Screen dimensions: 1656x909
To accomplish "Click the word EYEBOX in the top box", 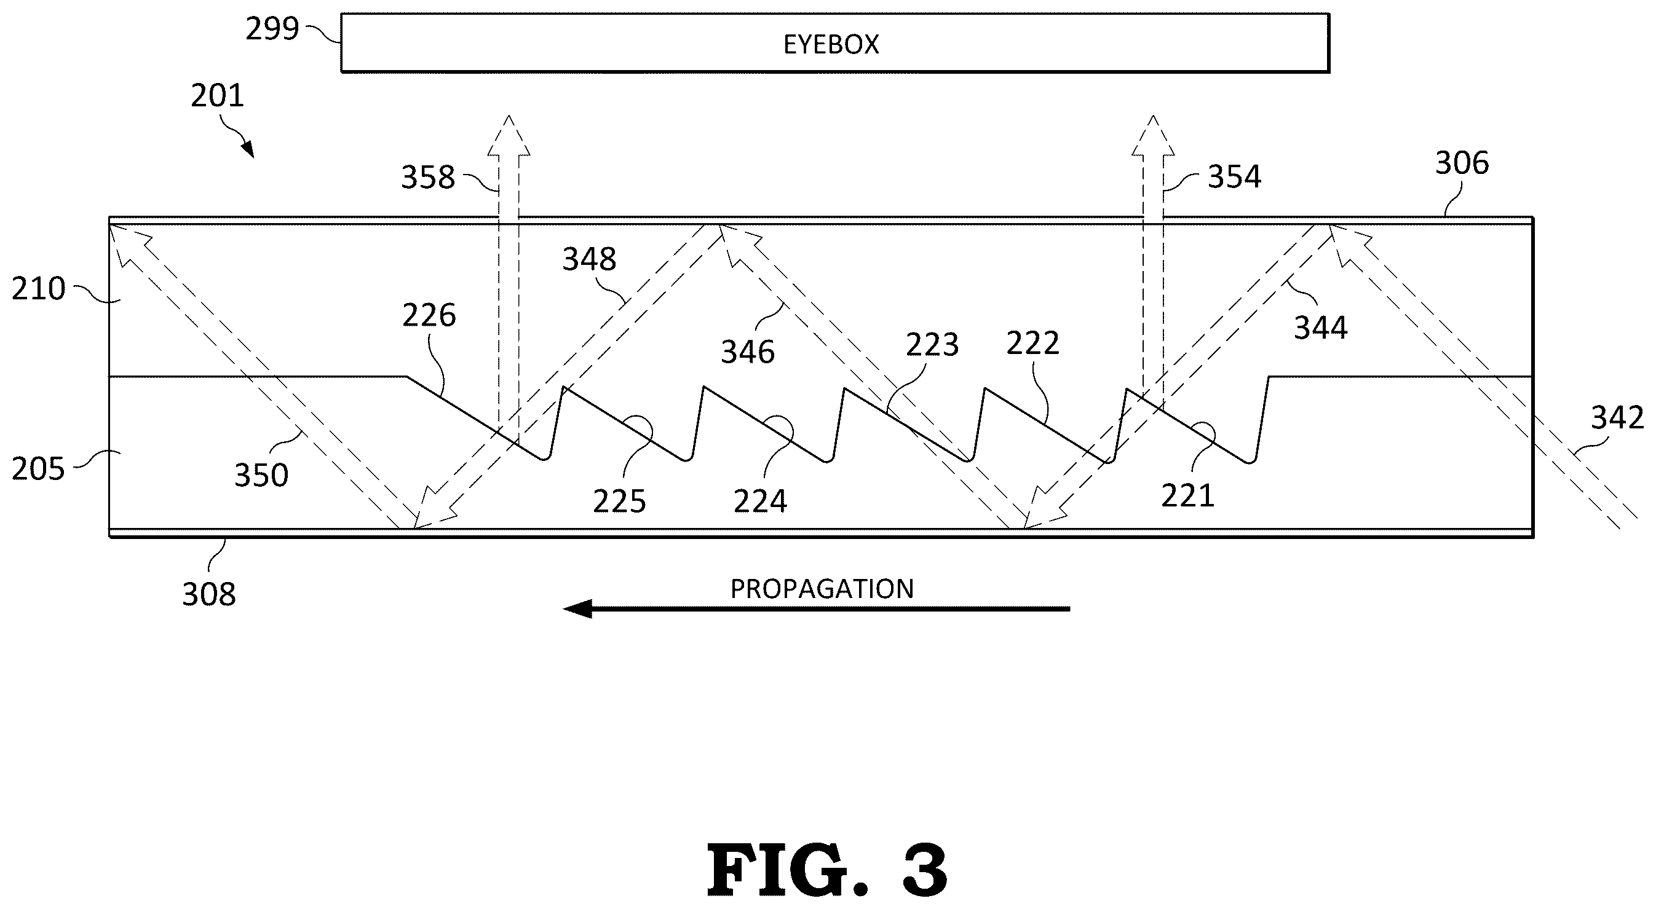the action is pyautogui.click(x=831, y=44).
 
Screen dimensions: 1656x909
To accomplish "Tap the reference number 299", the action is pyautogui.click(x=272, y=29).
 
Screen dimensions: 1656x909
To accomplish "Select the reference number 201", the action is pyautogui.click(x=217, y=96).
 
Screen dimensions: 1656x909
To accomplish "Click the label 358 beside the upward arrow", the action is pyautogui.click(x=427, y=176).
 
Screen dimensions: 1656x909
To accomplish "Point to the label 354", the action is pyautogui.click(x=1234, y=176).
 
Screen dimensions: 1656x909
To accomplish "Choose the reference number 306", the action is pyautogui.click(x=1462, y=163).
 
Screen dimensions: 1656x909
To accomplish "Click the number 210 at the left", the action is pyautogui.click(x=39, y=289).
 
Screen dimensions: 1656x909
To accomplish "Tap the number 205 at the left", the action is pyautogui.click(x=39, y=469).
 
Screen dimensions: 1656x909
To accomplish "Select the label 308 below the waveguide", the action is pyautogui.click(x=209, y=595).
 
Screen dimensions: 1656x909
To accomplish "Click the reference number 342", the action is pyautogui.click(x=1617, y=418).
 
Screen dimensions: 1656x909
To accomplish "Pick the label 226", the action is pyautogui.click(x=429, y=315).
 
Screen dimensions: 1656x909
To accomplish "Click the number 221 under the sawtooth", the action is pyautogui.click(x=1187, y=496).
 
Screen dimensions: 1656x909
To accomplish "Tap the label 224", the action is pyautogui.click(x=761, y=502).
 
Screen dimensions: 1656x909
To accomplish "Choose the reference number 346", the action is pyautogui.click(x=748, y=352).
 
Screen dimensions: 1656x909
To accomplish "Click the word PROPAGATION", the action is pyautogui.click(x=822, y=589).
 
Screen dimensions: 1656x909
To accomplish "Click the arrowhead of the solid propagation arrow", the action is pyautogui.click(x=577, y=608).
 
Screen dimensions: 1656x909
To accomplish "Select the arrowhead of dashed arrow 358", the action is pyautogui.click(x=509, y=135).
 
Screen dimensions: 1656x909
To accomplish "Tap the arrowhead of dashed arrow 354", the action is pyautogui.click(x=1152, y=135).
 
